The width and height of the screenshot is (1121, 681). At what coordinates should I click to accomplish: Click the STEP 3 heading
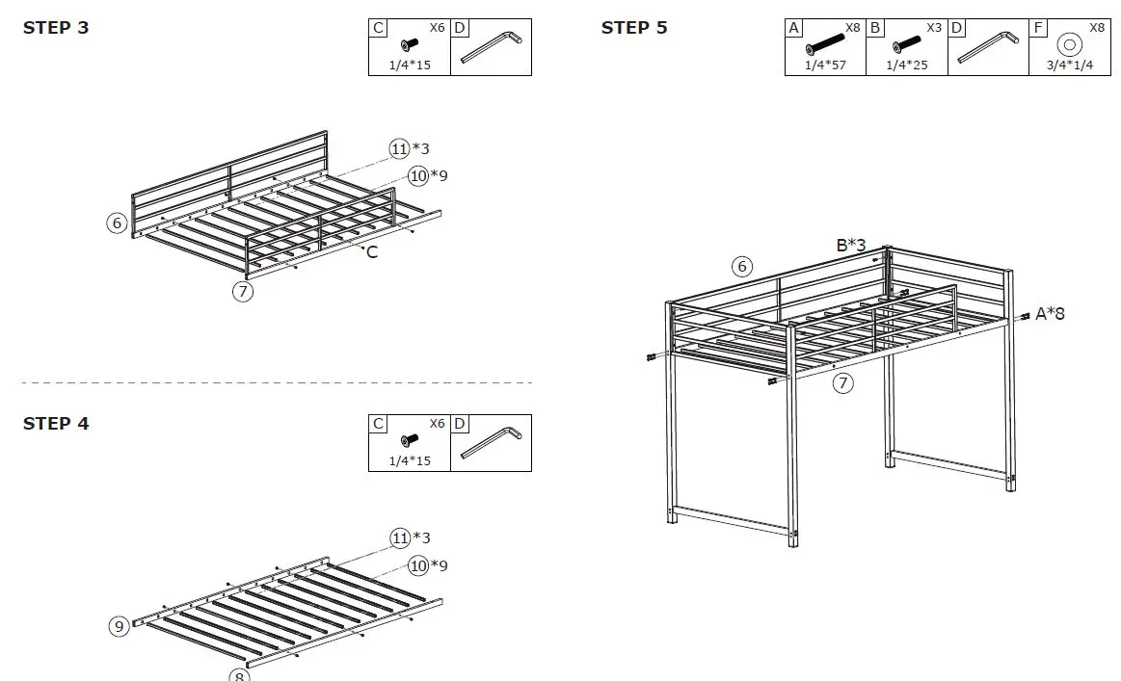click(x=56, y=28)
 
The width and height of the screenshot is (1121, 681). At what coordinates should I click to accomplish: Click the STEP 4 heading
click(x=56, y=424)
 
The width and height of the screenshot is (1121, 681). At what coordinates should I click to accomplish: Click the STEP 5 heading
click(x=634, y=28)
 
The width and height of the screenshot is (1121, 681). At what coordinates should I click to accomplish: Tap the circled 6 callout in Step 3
click(x=117, y=223)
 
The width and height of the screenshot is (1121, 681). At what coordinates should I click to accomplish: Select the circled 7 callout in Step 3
click(x=243, y=290)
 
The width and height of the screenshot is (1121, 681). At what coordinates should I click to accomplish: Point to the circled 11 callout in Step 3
click(x=400, y=148)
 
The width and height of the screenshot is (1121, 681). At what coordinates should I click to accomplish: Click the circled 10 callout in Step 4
click(x=418, y=565)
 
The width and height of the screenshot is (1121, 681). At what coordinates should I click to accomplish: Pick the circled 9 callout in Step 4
click(x=119, y=626)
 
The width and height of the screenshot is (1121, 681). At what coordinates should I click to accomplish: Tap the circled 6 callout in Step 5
click(x=741, y=266)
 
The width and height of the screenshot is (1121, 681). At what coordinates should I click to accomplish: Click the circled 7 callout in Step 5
click(x=843, y=383)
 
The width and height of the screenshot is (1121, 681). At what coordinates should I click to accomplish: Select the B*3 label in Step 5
click(x=850, y=246)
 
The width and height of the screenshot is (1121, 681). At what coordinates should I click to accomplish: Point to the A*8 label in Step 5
click(x=1050, y=313)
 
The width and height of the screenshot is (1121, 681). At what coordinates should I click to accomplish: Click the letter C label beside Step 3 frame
click(x=372, y=252)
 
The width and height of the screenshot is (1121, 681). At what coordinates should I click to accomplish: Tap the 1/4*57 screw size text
click(x=825, y=65)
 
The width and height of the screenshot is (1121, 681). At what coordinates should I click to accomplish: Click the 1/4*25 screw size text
click(x=906, y=65)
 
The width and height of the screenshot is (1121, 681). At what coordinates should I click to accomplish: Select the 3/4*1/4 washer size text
click(x=1068, y=65)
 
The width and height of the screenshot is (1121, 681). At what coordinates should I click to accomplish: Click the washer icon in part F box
click(x=1068, y=44)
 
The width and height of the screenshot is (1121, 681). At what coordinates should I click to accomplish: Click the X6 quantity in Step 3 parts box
click(x=437, y=28)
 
